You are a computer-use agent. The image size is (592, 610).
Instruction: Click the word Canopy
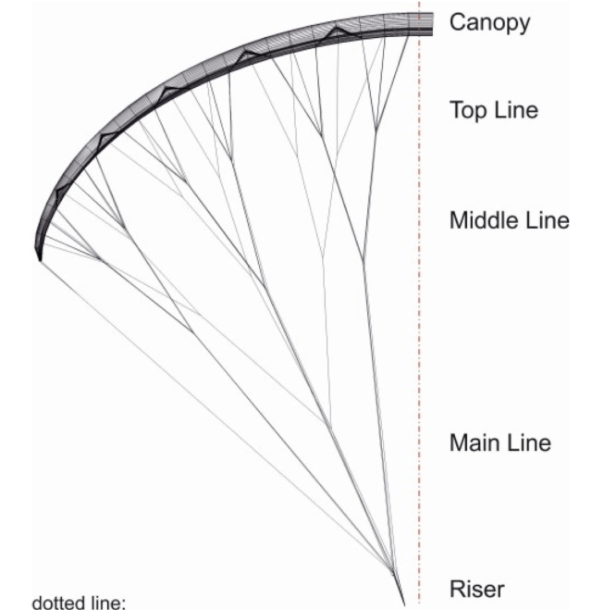[490, 23]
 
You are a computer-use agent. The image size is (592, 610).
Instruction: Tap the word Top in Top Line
[466, 111]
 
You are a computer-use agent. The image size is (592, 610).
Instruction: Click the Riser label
[475, 590]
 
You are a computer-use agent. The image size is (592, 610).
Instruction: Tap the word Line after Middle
[543, 222]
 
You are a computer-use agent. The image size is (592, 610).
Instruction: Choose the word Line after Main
[525, 442]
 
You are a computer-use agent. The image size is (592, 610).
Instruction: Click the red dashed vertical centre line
[420, 324]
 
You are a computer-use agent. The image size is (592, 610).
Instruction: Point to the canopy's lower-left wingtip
[40, 259]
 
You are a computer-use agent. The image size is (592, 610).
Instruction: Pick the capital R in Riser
[456, 590]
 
